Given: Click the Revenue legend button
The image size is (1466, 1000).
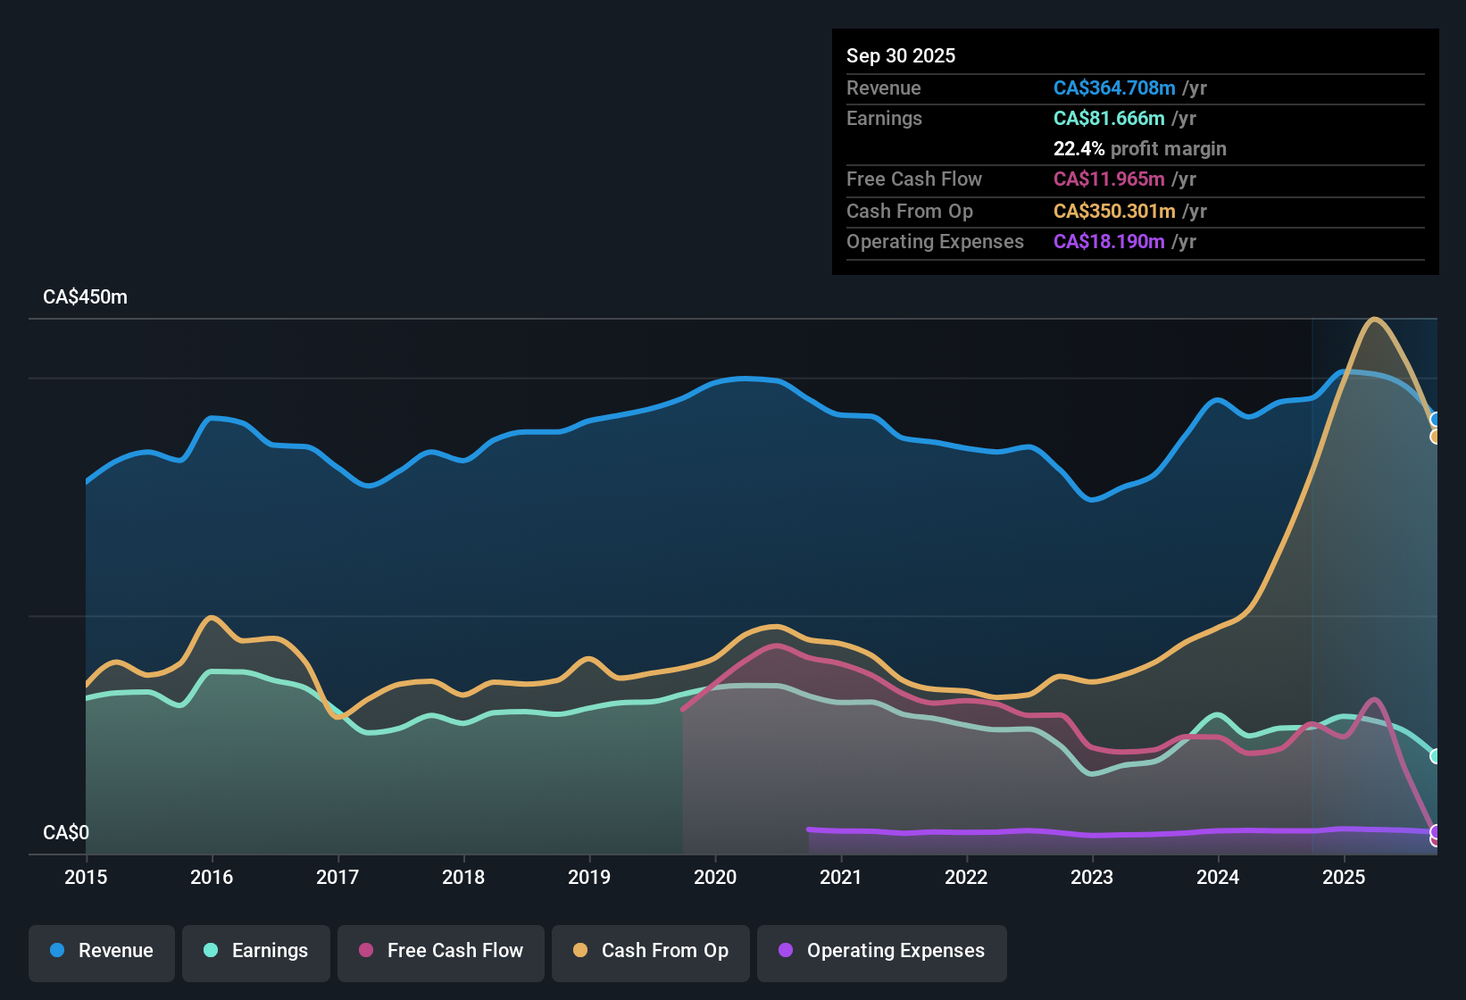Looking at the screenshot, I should tap(102, 951).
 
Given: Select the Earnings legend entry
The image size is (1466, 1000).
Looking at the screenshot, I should tap(256, 951).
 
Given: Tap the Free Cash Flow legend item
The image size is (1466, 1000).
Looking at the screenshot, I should tap(441, 951).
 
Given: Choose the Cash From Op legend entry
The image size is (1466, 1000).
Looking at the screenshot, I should tap(651, 951).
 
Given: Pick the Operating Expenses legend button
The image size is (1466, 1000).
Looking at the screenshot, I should tap(882, 951).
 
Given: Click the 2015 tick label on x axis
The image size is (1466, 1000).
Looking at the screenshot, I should tap(86, 877).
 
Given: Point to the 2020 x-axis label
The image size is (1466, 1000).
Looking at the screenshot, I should tap(715, 877).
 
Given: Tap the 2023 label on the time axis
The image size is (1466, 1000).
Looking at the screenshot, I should tap(1092, 877).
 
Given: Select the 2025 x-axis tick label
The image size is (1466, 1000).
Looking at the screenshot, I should tap(1344, 877).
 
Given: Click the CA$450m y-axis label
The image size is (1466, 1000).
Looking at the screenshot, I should tap(85, 297).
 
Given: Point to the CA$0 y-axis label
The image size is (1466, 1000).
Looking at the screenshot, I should tap(66, 833).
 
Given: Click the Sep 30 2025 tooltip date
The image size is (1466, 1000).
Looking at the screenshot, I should tap(901, 55).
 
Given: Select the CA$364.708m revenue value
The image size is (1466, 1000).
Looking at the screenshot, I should tap(1114, 87).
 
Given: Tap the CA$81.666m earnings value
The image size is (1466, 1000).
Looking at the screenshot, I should tap(1109, 118).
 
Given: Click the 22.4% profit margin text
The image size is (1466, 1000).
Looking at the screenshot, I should tap(1139, 148).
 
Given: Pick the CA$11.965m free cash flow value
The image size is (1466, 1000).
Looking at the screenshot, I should tap(1109, 179).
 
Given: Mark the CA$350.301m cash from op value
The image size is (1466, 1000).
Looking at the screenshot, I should tap(1114, 211).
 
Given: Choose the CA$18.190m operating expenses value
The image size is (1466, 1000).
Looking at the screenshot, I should tap(1109, 241).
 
